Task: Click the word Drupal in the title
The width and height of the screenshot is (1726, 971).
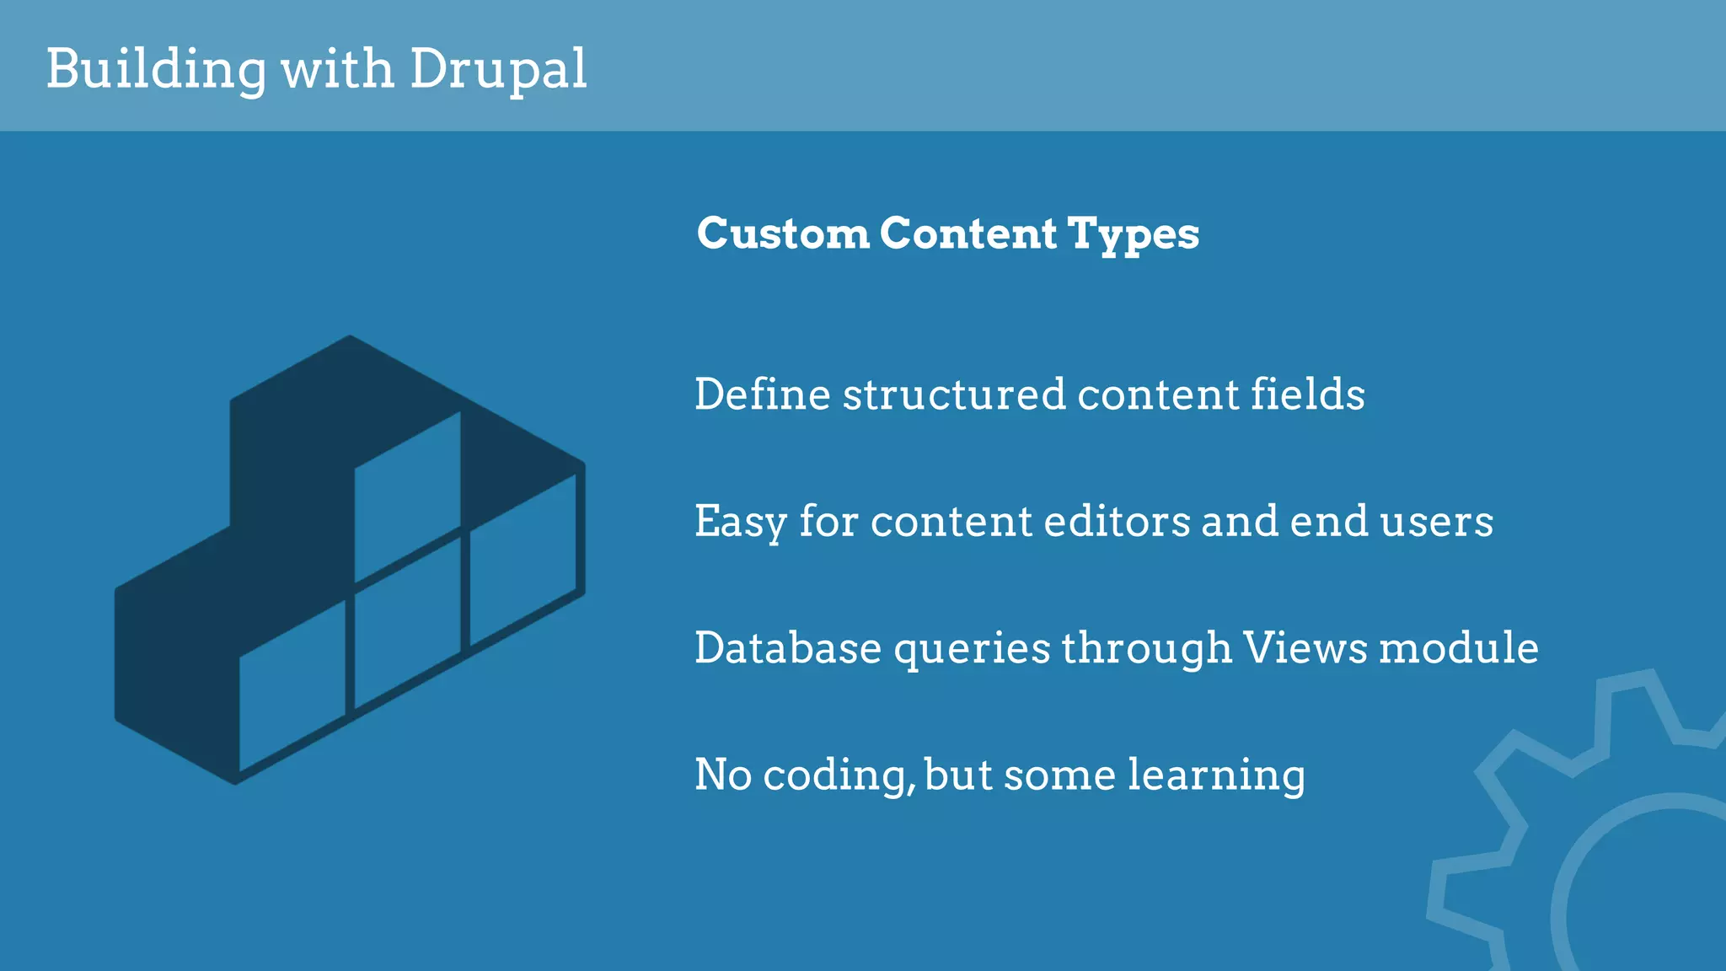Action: [x=498, y=68]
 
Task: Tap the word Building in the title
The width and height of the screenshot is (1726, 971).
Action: [x=156, y=68]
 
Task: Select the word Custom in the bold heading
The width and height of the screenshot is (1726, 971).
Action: [x=783, y=233]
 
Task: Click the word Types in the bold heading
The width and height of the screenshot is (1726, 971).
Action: [x=1133, y=234]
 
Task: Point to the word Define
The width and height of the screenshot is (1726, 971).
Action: [x=763, y=394]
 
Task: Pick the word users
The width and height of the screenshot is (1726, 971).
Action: [x=1436, y=521]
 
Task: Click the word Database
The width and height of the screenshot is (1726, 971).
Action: [x=788, y=647]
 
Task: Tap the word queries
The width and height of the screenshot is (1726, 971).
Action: [x=972, y=649]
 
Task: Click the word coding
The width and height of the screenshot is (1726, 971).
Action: [x=839, y=775]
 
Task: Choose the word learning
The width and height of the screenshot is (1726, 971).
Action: [x=1216, y=775]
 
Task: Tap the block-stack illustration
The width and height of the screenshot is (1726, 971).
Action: [x=350, y=560]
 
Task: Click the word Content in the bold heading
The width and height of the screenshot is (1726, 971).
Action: [x=968, y=233]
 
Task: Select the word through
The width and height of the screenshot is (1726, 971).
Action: [x=1147, y=647]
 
